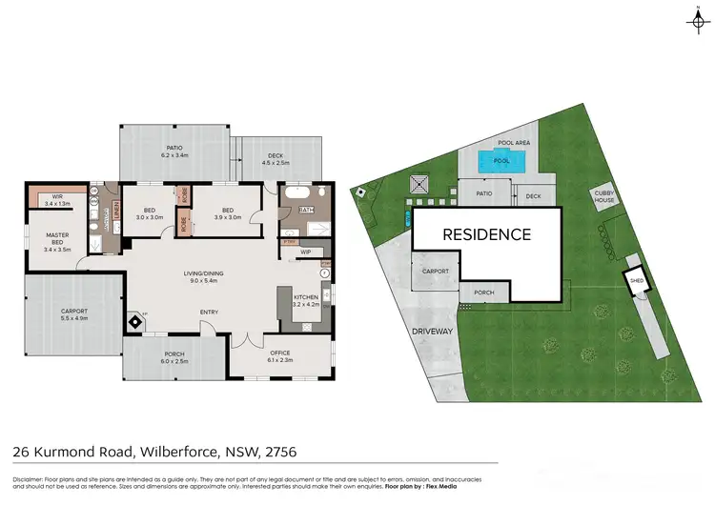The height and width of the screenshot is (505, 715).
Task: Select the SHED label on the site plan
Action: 634,280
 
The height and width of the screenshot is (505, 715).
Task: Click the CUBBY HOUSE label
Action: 604,197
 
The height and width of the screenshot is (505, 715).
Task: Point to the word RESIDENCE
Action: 486,234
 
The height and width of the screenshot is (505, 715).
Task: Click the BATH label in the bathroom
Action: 306,210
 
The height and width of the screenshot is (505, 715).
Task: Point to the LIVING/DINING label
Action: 202,277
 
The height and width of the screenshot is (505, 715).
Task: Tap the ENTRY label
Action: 209,312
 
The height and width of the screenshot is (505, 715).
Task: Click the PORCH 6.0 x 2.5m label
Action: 174,359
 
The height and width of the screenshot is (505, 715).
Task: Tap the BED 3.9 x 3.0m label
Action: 229,213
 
